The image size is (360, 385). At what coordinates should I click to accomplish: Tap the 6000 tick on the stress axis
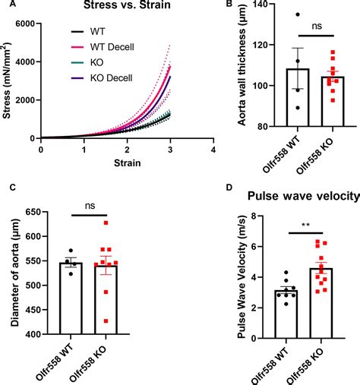coord(27,24)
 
